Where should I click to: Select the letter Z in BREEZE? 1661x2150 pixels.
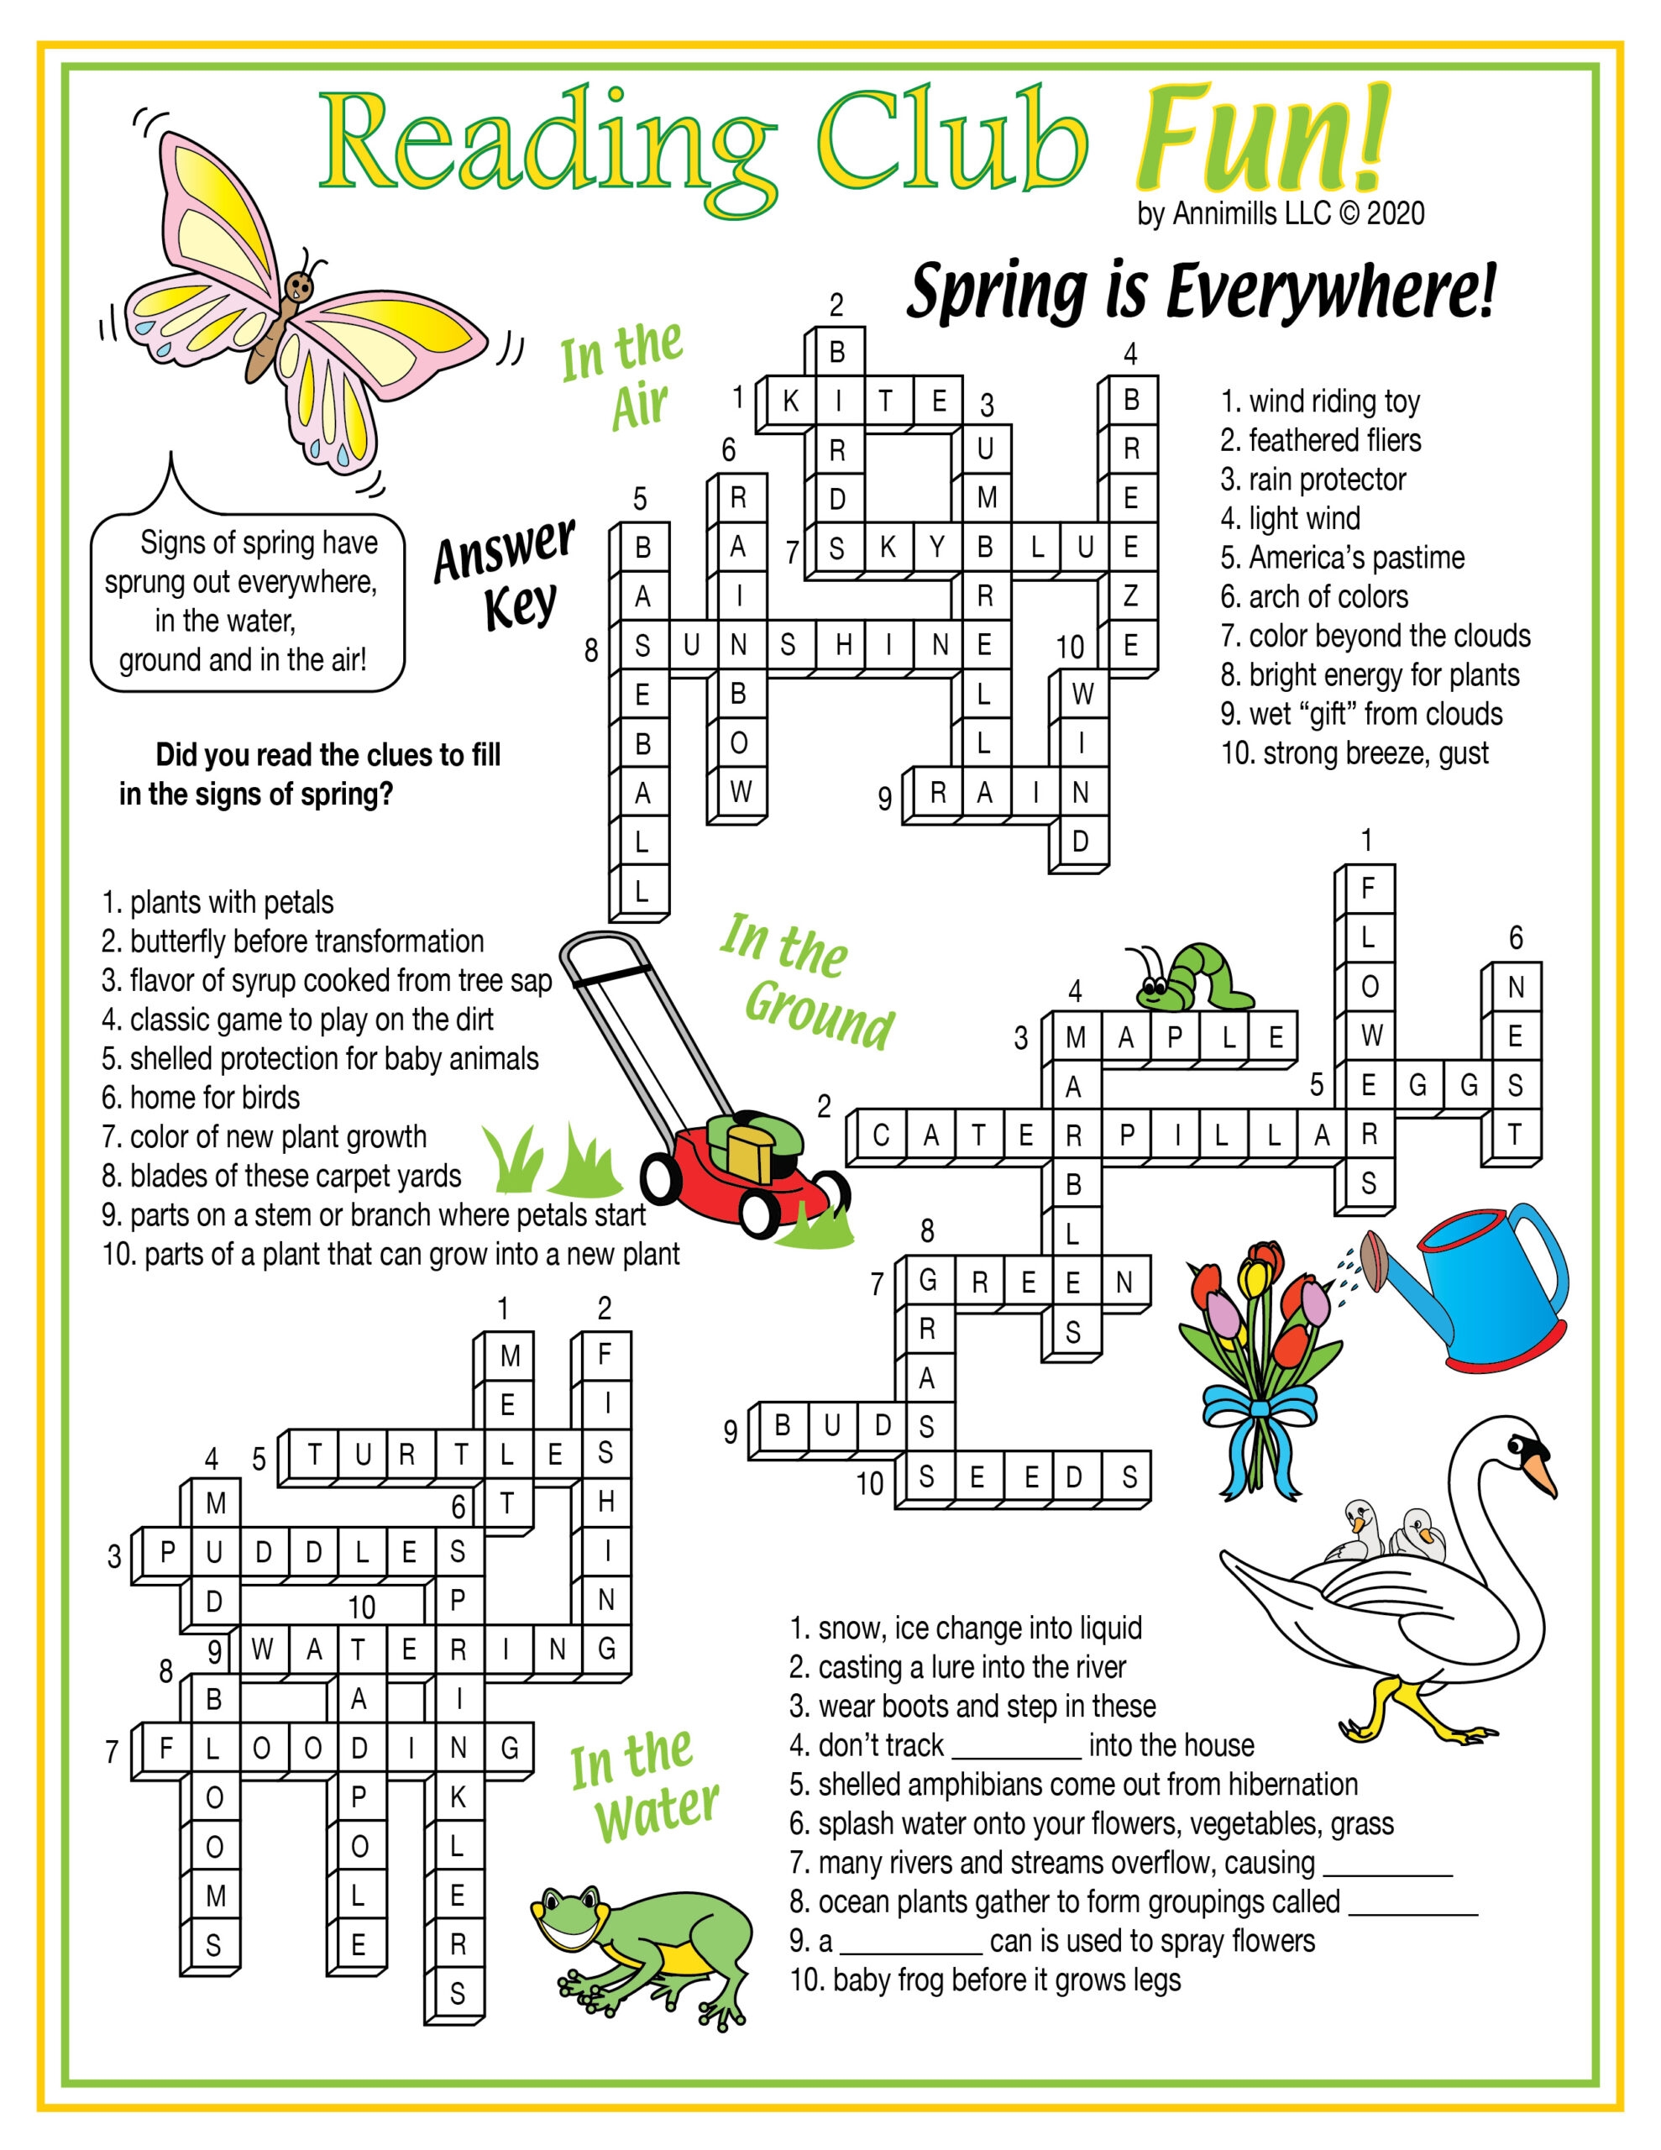1130,595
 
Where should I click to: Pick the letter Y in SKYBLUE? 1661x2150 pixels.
936,548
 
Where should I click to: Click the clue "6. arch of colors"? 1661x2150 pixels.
1313,596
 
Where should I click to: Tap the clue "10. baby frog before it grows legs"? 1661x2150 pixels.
984,1980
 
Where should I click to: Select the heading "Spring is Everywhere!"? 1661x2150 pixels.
1200,291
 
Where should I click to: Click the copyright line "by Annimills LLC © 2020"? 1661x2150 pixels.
1280,212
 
